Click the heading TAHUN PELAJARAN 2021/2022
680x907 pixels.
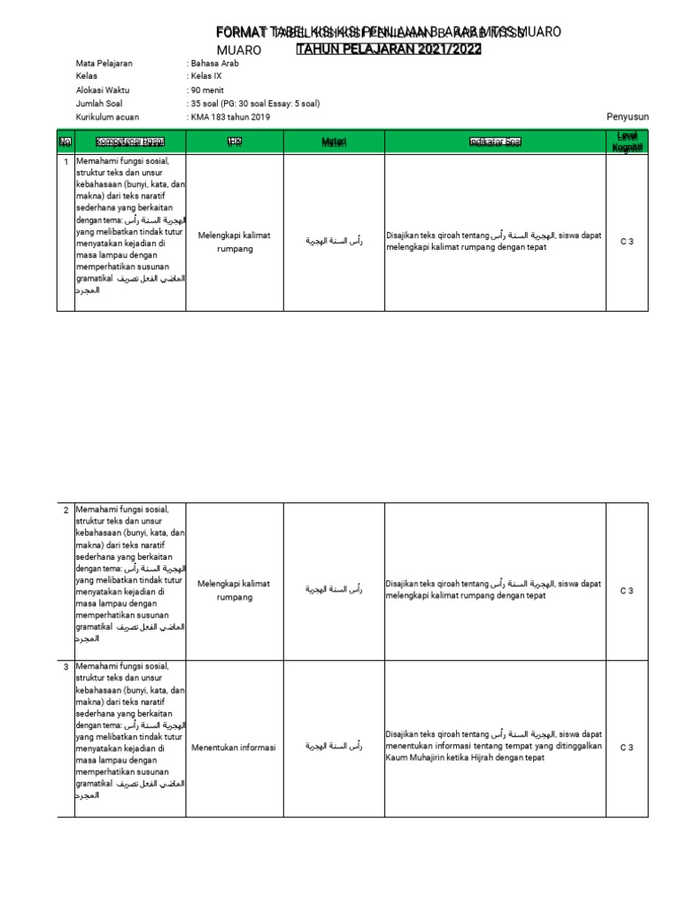[389, 50]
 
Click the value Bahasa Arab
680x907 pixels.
[214, 63]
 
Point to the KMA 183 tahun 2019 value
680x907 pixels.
[229, 117]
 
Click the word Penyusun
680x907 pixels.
[628, 117]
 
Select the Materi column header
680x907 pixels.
[334, 143]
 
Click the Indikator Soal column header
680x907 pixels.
[495, 143]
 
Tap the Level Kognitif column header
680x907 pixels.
[627, 141]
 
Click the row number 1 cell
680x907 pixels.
[66, 161]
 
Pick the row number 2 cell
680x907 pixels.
[66, 510]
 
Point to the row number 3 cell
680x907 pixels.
[66, 666]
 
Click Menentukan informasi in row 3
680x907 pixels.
[234, 748]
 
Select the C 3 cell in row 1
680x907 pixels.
[627, 242]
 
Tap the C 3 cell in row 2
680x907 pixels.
[627, 591]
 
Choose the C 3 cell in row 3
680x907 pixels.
[627, 748]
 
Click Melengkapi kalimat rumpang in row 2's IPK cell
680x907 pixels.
[234, 591]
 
